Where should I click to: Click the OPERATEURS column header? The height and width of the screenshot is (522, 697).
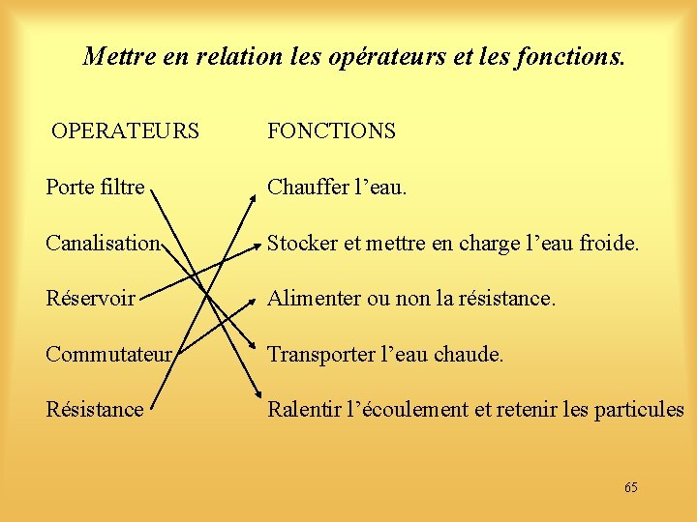tap(125, 131)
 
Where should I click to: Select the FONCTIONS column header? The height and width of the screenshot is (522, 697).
tap(331, 131)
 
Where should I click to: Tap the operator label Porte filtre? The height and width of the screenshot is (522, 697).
tap(95, 188)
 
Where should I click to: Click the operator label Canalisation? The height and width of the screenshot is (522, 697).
tap(102, 244)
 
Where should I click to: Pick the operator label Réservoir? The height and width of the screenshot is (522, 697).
tap(90, 299)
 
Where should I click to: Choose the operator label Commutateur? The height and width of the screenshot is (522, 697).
tap(108, 355)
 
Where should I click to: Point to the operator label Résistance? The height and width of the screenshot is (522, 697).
tap(94, 410)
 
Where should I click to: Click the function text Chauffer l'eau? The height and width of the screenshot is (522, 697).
tap(337, 188)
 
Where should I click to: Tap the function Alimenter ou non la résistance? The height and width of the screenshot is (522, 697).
tap(411, 299)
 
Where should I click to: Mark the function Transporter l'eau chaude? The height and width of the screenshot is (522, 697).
tap(385, 355)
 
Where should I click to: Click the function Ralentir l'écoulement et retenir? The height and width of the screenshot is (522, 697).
tap(475, 410)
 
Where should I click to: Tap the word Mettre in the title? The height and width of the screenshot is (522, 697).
tap(115, 57)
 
